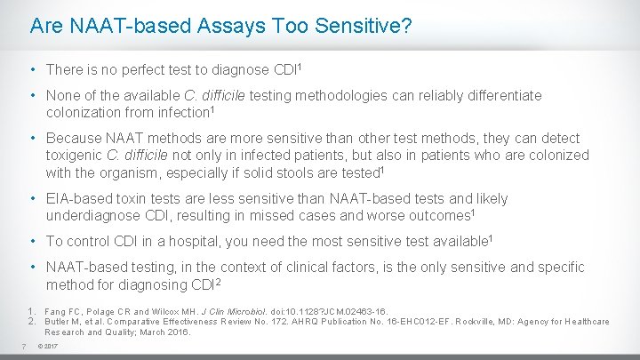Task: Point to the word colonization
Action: pos(85,111)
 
